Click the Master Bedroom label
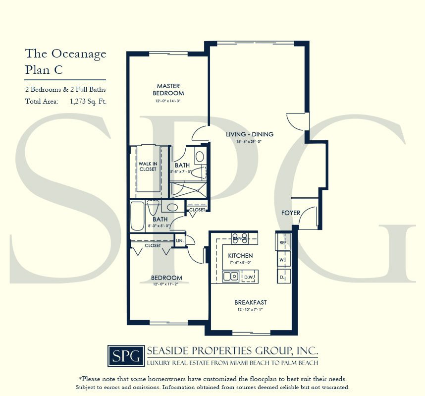[x=167, y=90]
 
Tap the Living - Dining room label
[x=250, y=134]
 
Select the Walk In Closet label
[x=147, y=166]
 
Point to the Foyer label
[x=291, y=213]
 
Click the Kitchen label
[x=240, y=256]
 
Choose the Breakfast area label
[x=250, y=302]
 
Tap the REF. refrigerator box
[x=283, y=243]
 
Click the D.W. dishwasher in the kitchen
[x=249, y=277]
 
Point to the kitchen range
[x=240, y=238]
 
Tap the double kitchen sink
[x=230, y=277]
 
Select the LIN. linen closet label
[x=179, y=241]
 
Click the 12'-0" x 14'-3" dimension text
[x=167, y=101]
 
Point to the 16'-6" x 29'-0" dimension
[x=250, y=142]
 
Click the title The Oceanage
[x=65, y=54]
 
